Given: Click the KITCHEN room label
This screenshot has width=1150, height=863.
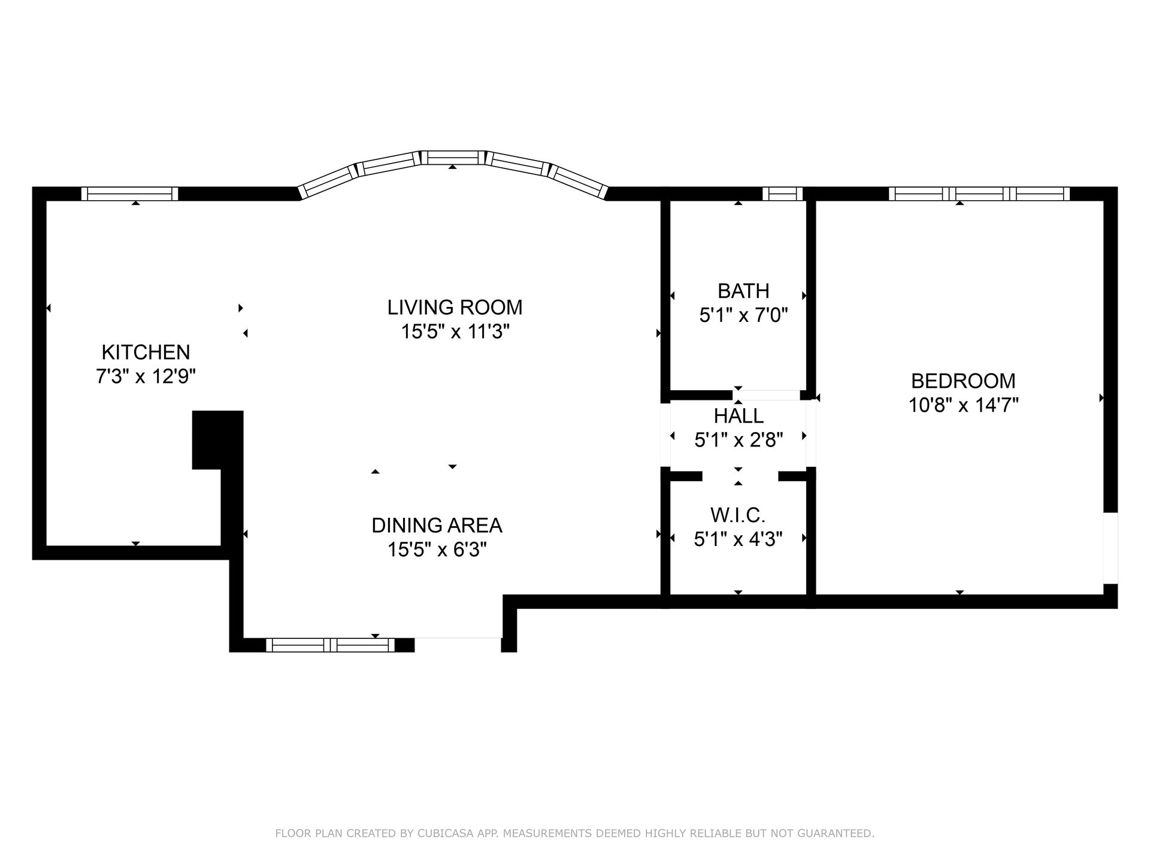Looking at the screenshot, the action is point(146,352).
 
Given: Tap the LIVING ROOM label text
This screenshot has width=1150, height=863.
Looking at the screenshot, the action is point(455,307).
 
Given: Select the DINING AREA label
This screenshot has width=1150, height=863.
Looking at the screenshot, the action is point(437,526).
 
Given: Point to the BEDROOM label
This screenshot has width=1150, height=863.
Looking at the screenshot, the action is point(963,381).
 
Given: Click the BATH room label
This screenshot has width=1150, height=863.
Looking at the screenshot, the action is point(743,291).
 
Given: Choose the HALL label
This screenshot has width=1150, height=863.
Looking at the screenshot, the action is point(739,416).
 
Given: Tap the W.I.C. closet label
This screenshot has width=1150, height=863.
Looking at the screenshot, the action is point(738,515).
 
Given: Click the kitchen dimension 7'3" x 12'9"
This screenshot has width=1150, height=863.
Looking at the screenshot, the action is point(146,377).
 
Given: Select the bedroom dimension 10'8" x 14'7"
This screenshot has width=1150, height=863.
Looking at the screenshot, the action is point(963,406).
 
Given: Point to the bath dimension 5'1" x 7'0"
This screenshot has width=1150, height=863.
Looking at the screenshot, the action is point(743,315).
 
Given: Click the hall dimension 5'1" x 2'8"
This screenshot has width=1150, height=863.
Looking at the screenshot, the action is point(739,440).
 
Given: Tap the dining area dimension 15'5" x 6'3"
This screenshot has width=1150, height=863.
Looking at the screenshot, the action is point(437,550).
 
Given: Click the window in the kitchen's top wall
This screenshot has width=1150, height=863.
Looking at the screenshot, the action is point(129,194).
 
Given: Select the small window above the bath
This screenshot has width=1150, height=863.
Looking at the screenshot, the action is point(782,194).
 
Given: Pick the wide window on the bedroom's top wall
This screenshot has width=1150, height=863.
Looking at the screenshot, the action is point(979,194).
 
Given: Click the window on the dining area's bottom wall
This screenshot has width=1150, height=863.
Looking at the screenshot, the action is point(330,645).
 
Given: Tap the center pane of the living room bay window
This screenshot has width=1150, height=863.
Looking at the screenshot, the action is point(452,158).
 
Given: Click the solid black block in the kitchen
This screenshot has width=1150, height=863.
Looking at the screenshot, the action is point(217,439).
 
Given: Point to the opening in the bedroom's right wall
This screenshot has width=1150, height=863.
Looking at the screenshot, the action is point(1110,548).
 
